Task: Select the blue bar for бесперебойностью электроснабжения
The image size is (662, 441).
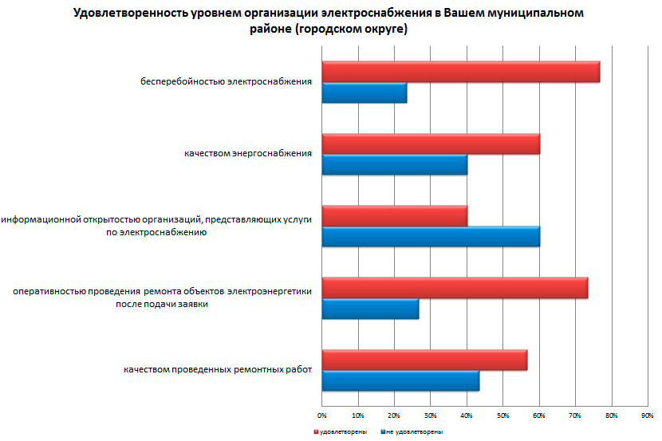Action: tap(364, 93)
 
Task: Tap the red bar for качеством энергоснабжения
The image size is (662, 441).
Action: tap(431, 144)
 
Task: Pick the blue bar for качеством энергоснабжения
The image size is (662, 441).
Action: tap(394, 164)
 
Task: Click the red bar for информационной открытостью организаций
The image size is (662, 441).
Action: tap(394, 216)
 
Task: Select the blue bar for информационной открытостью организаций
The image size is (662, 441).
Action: tap(431, 237)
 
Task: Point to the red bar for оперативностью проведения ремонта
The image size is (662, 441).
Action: tap(455, 288)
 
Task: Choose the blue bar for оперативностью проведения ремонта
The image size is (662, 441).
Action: tap(370, 309)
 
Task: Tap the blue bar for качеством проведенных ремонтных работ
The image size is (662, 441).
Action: tap(400, 380)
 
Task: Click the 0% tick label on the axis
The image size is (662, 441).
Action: tap(322, 415)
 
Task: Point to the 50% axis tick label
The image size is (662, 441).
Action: tap(502, 415)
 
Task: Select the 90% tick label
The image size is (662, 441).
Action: tap(647, 415)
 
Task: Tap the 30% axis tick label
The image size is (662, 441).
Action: tap(430, 415)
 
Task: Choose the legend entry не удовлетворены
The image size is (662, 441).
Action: tap(414, 431)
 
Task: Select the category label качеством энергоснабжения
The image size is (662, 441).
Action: tap(247, 154)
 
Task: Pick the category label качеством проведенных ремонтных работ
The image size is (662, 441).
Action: tap(217, 370)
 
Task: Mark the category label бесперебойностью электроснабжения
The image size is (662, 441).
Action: tap(226, 81)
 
